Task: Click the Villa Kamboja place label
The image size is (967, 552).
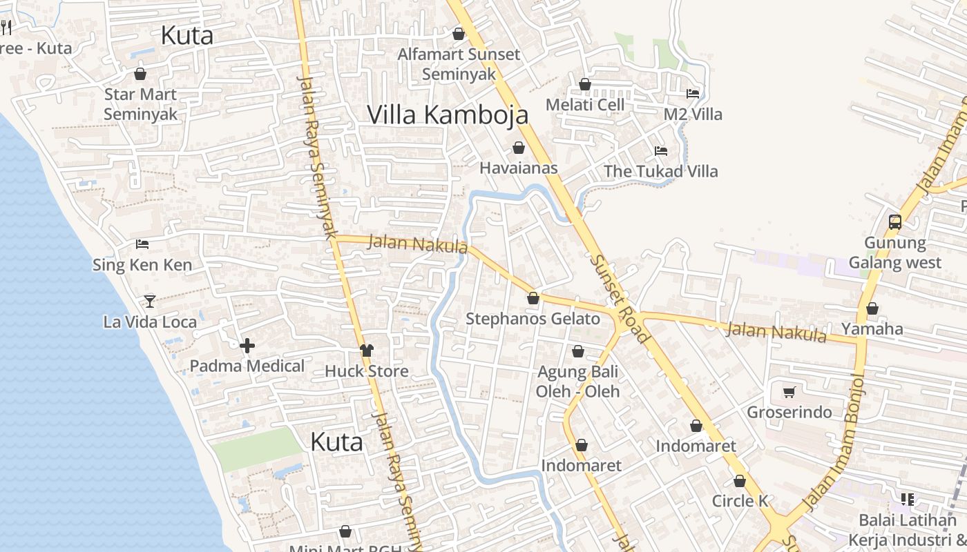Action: pos(448,115)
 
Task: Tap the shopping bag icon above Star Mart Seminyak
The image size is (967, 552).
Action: pos(140,74)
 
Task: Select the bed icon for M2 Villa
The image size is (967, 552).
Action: pos(693,93)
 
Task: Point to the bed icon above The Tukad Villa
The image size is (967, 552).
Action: pos(661,150)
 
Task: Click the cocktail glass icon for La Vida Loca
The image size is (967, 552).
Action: pos(149,301)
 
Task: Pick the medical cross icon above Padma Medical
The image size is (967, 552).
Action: pos(247,345)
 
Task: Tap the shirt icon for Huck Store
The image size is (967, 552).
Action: pos(366,351)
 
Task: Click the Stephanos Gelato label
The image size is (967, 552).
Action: pos(533,319)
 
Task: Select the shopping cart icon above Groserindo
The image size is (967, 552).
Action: pos(789,392)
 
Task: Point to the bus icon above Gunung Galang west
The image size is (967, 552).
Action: pos(895,221)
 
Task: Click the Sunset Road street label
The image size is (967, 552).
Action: pos(620,298)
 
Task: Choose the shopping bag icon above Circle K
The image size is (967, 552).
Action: pos(740,481)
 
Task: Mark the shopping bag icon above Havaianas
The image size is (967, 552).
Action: pos(519,148)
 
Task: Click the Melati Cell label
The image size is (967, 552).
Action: pos(584,105)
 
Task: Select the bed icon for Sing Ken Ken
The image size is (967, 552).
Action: pos(142,244)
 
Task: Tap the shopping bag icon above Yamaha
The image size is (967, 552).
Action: pos(872,308)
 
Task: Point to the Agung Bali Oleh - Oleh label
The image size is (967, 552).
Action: pos(578,382)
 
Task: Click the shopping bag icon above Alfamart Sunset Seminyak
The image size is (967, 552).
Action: pos(459,33)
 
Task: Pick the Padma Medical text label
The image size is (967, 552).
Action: pos(247,366)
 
